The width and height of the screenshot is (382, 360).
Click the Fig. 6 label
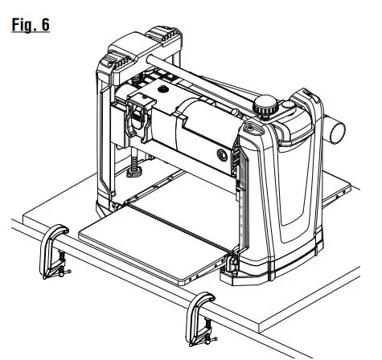pyautogui.click(x=31, y=23)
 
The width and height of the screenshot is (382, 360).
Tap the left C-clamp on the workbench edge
pyautogui.click(x=51, y=252)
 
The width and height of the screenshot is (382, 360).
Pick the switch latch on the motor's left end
pyautogui.click(x=138, y=112)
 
